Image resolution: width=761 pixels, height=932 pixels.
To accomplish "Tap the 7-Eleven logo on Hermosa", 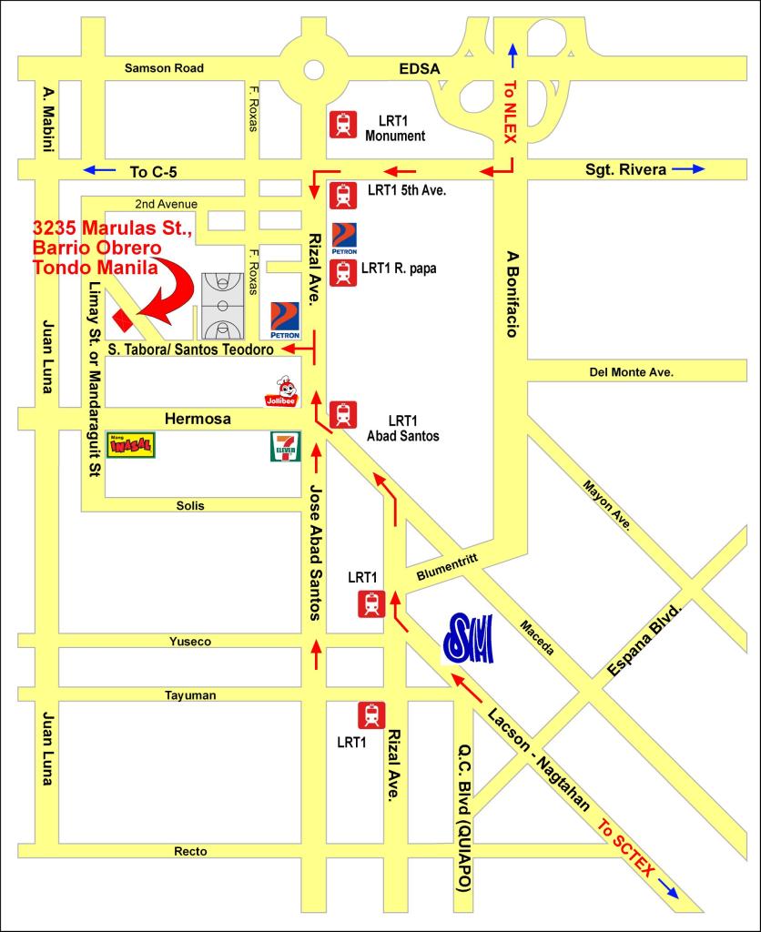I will click(x=285, y=447).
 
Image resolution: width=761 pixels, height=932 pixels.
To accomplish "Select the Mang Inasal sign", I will click(x=131, y=445).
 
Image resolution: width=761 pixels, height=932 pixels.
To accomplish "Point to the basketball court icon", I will click(x=220, y=306).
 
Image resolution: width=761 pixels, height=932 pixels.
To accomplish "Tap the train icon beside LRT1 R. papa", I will click(x=343, y=272).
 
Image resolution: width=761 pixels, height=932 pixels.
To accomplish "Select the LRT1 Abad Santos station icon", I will click(x=343, y=415).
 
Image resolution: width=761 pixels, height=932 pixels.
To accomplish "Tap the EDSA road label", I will click(x=419, y=68).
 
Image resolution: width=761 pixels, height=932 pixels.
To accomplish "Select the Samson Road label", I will click(x=164, y=68).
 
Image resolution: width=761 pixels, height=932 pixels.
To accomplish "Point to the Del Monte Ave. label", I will click(x=631, y=371).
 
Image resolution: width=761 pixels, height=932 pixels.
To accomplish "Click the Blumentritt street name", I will click(x=447, y=569).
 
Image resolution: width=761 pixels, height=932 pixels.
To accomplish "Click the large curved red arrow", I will click(x=171, y=294).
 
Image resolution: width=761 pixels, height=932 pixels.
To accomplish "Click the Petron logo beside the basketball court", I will click(x=285, y=319).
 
